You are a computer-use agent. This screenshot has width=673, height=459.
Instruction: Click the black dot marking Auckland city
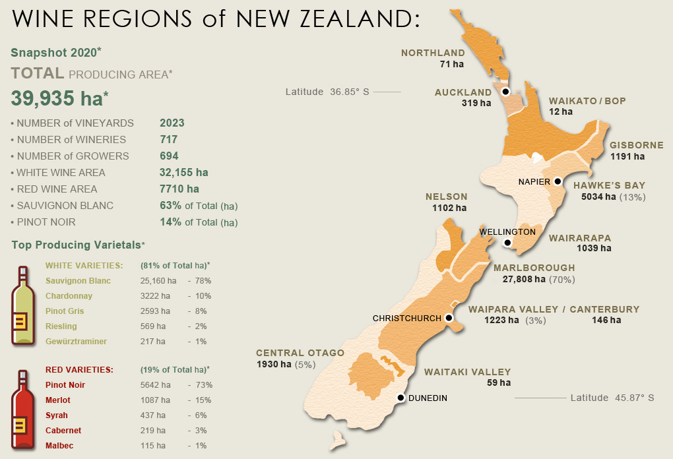point(506,92)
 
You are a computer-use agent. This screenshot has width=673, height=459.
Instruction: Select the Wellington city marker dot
point(507,243)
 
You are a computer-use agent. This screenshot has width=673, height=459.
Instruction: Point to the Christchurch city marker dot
point(449,318)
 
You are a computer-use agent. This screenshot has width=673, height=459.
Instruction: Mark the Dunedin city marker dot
point(400,398)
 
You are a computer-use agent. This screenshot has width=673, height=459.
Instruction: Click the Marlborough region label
point(534,268)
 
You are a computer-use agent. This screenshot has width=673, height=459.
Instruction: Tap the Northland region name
point(433,53)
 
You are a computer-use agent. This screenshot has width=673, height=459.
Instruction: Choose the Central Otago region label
point(300,353)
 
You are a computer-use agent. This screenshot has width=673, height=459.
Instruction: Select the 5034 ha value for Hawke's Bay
point(598,197)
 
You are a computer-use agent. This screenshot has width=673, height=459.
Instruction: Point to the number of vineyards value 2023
point(172,123)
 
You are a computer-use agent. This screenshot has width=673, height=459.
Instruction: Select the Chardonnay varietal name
point(69,296)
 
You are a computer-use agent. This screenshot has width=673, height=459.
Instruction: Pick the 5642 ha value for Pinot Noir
point(155,385)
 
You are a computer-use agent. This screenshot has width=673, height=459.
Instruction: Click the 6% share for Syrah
point(201,415)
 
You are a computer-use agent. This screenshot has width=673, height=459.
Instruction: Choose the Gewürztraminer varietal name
point(76,342)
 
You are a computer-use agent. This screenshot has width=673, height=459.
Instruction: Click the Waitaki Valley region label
point(467,372)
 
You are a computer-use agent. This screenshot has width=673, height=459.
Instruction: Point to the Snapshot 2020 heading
point(56,52)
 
